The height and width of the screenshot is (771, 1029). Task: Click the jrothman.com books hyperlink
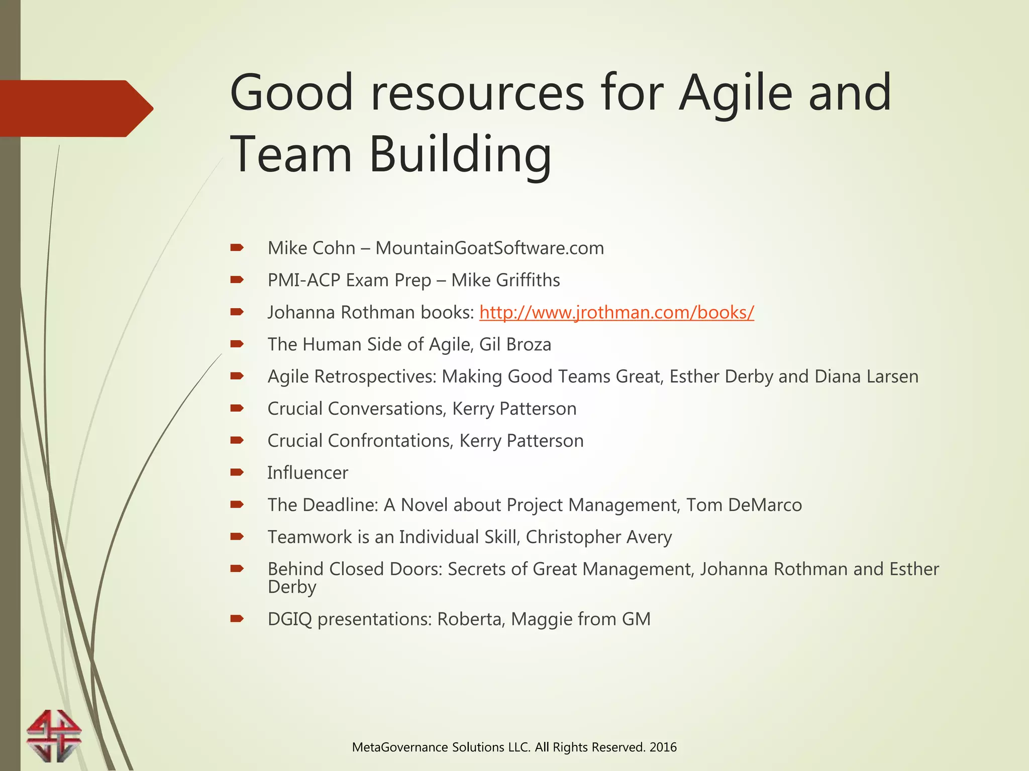click(x=616, y=312)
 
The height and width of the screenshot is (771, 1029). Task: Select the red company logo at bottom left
click(x=54, y=735)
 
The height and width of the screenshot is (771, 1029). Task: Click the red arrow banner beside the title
click(x=75, y=108)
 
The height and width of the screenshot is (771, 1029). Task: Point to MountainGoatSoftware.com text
click(x=489, y=248)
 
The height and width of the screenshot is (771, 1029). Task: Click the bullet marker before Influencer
click(x=237, y=472)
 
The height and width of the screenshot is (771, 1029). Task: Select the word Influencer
click(x=307, y=473)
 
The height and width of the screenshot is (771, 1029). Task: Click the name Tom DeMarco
click(x=744, y=505)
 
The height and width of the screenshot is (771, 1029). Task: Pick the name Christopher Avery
click(x=598, y=537)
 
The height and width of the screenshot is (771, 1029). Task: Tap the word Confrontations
click(x=390, y=441)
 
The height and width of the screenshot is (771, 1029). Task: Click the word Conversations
click(x=386, y=409)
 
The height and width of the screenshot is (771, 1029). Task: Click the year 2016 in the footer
click(x=663, y=747)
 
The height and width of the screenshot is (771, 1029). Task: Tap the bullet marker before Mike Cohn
click(x=237, y=247)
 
